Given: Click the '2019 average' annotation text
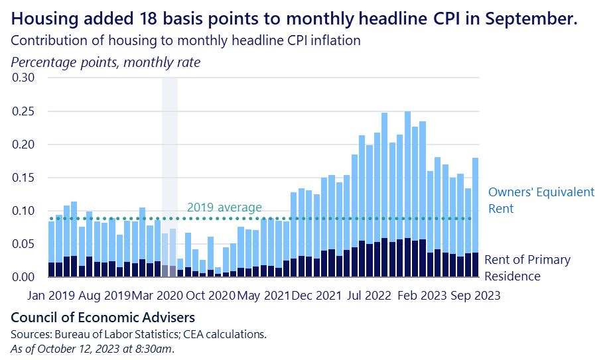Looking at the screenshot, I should click(224, 207).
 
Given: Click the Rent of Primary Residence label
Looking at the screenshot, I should click(527, 268).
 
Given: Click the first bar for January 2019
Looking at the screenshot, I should click(52, 249).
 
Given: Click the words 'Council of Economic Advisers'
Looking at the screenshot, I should click(103, 318).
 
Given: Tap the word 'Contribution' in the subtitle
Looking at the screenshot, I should click(46, 41).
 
